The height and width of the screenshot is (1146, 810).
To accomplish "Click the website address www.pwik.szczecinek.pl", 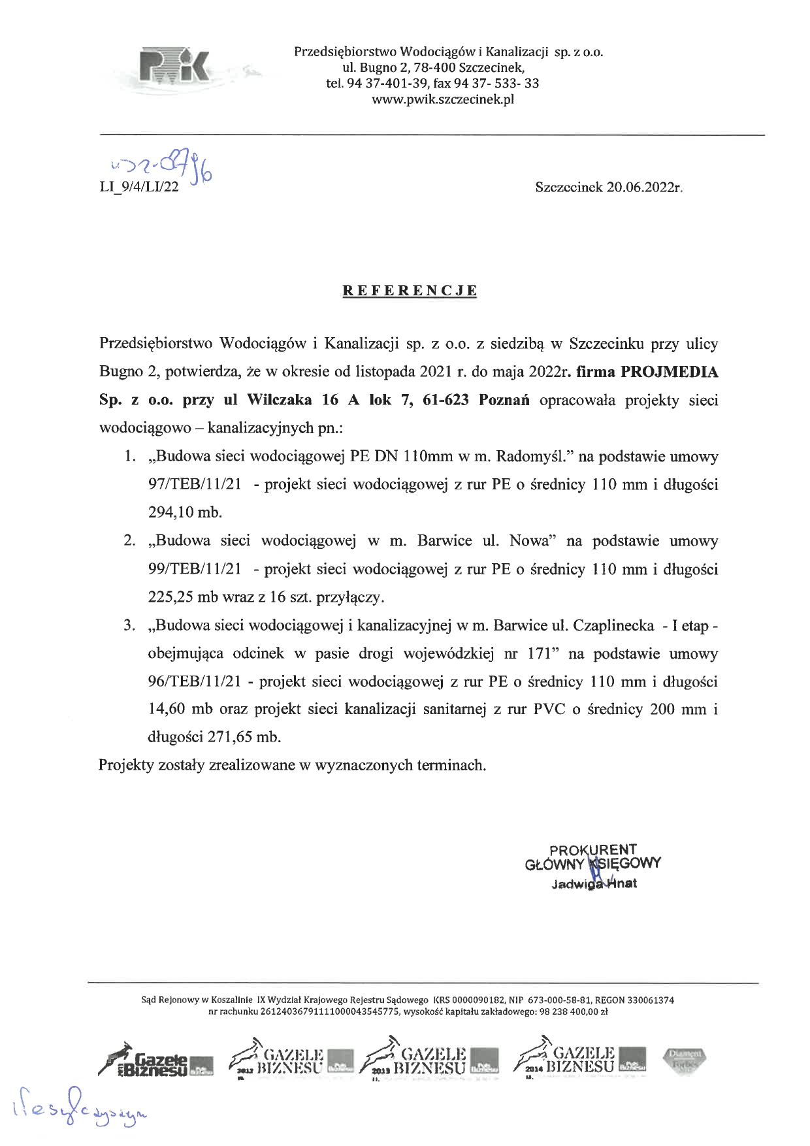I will [x=442, y=100].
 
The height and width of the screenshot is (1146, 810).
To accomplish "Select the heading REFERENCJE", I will [x=410, y=291].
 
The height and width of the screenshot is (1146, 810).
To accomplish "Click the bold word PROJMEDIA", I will [x=669, y=372].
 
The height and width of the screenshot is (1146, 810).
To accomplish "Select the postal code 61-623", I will [x=445, y=401].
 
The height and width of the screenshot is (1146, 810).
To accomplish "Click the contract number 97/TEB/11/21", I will [x=195, y=485].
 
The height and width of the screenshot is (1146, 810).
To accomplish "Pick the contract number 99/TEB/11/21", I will [x=195, y=570].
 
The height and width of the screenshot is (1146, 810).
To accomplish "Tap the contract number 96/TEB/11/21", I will [x=195, y=682].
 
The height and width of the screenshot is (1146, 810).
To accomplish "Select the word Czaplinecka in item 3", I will [x=613, y=626].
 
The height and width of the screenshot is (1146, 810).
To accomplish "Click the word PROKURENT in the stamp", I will [x=592, y=850].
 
